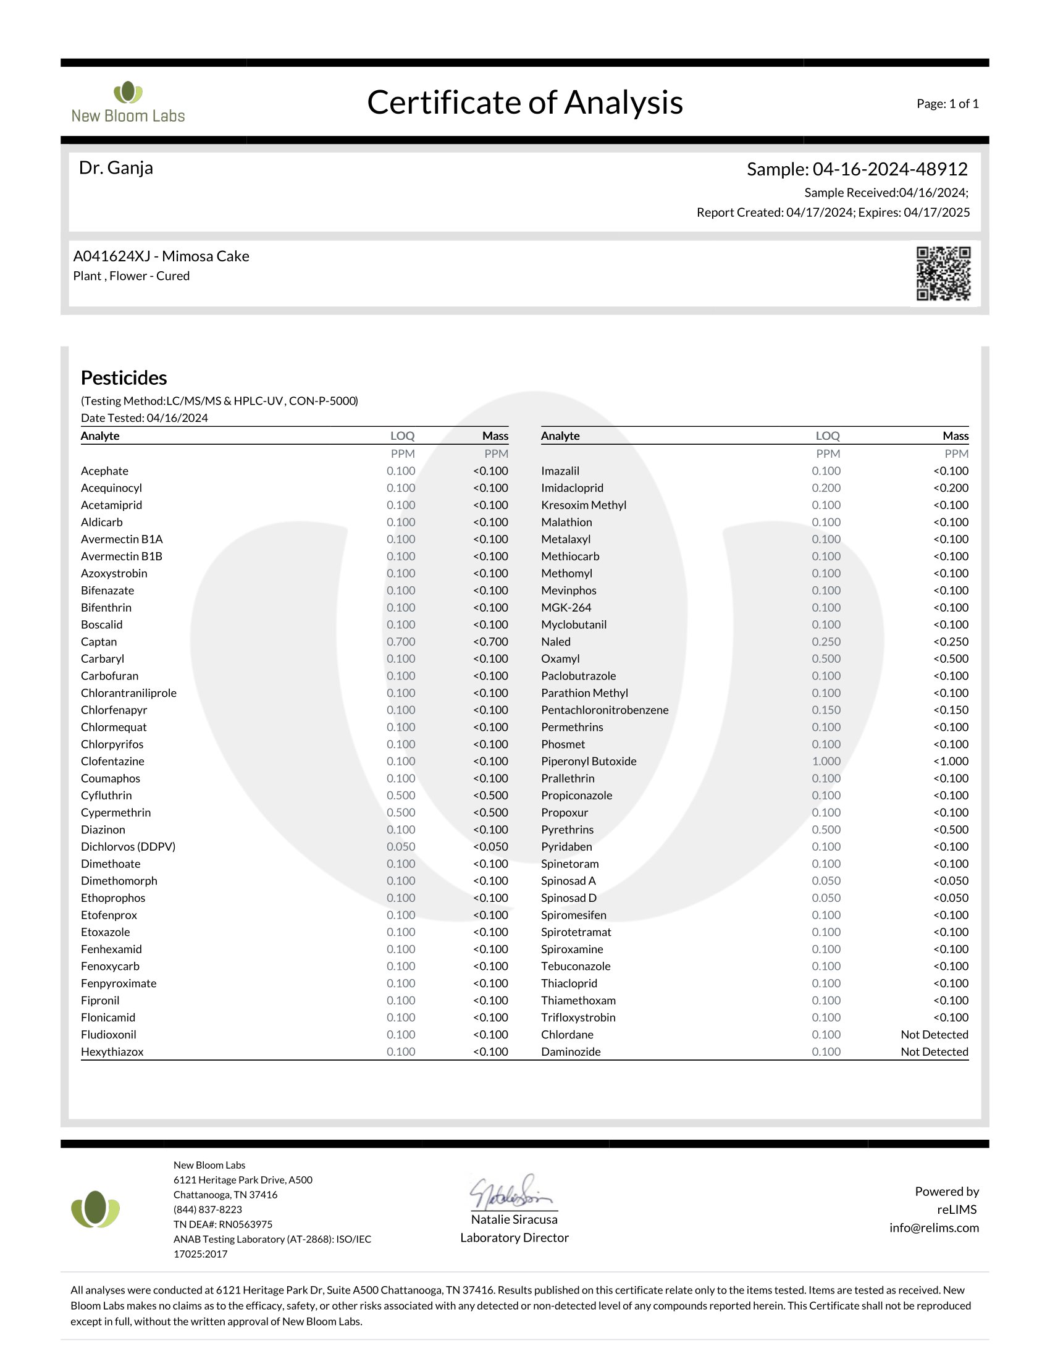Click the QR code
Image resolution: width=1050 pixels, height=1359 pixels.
tap(943, 273)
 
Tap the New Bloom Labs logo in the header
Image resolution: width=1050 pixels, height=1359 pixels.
tap(128, 102)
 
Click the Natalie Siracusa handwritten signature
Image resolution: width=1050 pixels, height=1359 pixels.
tap(511, 1192)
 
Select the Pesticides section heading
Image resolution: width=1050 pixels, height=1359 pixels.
tap(124, 377)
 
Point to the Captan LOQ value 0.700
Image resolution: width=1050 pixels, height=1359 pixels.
tap(401, 642)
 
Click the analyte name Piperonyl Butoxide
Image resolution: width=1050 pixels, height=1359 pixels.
tap(589, 761)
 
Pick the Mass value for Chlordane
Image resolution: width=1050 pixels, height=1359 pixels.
tap(934, 1034)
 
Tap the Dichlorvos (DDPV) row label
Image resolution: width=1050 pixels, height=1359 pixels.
tap(128, 846)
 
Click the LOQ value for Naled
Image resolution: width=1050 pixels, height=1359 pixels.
tap(826, 642)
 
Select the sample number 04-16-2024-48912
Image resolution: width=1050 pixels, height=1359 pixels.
tap(889, 169)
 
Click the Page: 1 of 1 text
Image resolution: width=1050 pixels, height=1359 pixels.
tap(947, 104)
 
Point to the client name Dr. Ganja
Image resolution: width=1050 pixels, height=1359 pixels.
tap(115, 168)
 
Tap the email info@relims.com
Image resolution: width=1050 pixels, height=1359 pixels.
tap(934, 1227)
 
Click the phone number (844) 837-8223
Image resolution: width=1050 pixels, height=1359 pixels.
tap(208, 1209)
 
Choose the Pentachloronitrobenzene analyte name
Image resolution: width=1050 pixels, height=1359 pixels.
tap(605, 710)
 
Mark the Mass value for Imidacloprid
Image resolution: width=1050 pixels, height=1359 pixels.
tap(951, 488)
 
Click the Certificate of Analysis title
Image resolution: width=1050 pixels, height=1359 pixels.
tap(525, 102)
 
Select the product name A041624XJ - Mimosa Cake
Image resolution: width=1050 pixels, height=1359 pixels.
tap(161, 256)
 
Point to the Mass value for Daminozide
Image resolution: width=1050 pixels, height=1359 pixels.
tap(934, 1051)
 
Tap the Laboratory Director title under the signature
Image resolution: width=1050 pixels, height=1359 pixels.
tap(514, 1238)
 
